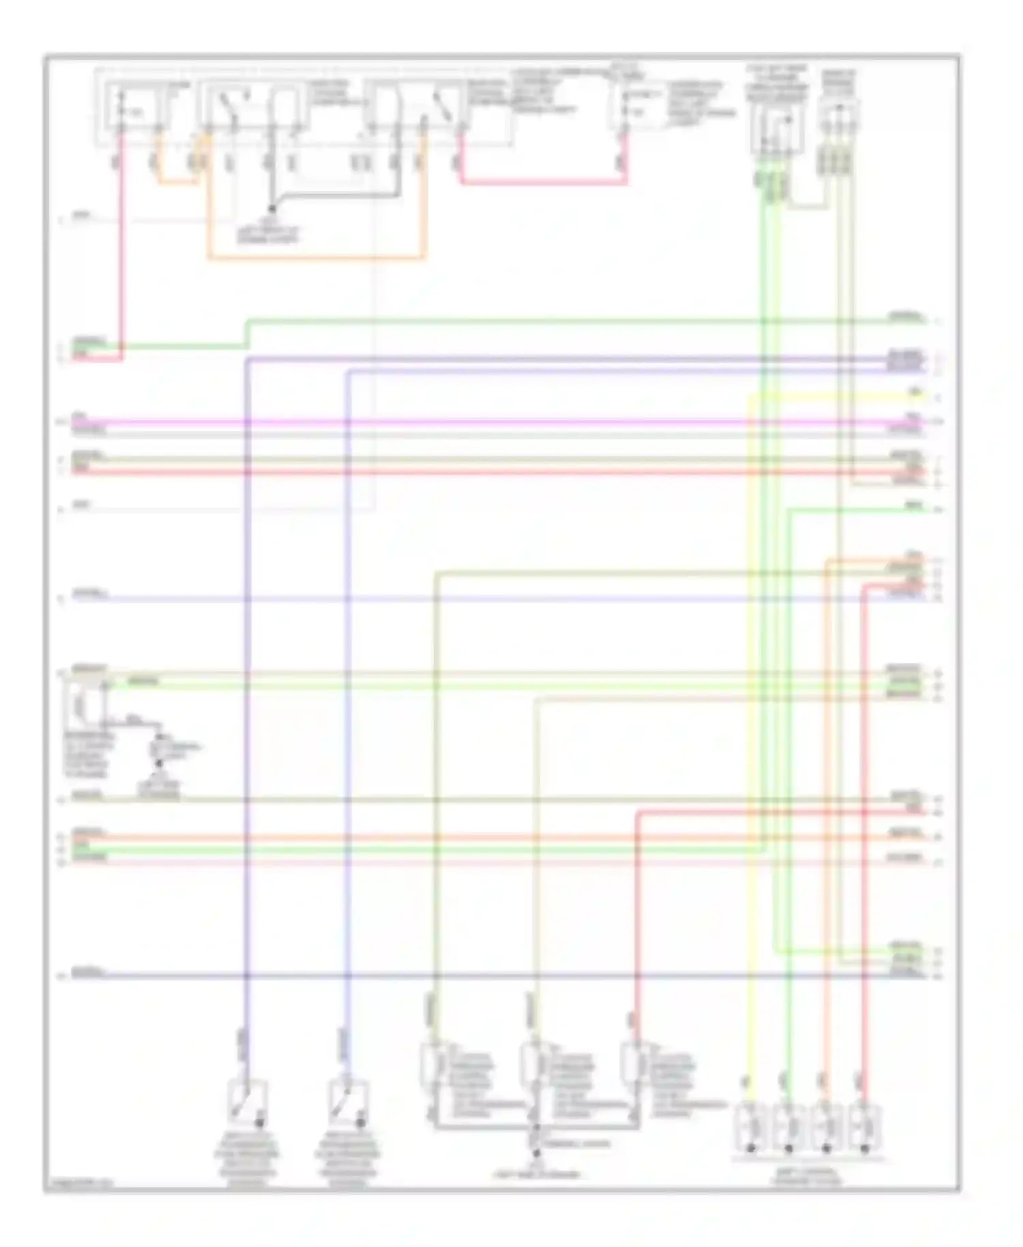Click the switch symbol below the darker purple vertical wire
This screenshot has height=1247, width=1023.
pyautogui.click(x=248, y=1100)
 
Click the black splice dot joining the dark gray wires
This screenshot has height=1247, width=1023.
pyautogui.click(x=271, y=208)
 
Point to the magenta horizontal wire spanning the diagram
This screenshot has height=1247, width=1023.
pyautogui.click(x=477, y=422)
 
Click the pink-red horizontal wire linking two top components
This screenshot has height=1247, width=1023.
pyautogui.click(x=542, y=182)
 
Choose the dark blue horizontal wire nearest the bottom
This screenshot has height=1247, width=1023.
pyautogui.click(x=477, y=976)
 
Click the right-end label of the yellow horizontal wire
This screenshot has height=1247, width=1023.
pyautogui.click(x=914, y=394)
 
